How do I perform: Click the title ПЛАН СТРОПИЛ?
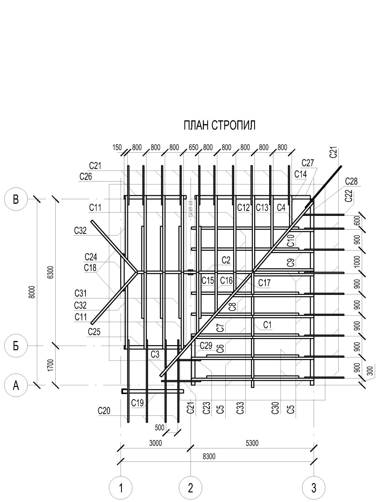tap(219, 125)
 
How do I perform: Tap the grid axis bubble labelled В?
tap(16, 199)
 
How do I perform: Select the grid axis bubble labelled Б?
tap(16, 346)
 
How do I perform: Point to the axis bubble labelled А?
tap(16, 385)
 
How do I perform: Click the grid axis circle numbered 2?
tap(190, 488)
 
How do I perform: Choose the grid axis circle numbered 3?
tap(314, 488)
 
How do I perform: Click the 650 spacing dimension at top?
tap(193, 148)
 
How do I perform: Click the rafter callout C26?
tap(86, 176)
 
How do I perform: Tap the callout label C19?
tap(137, 403)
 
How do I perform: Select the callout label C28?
tap(352, 181)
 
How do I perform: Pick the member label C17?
tap(265, 283)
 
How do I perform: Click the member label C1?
tap(268, 325)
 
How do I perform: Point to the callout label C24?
tap(91, 256)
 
